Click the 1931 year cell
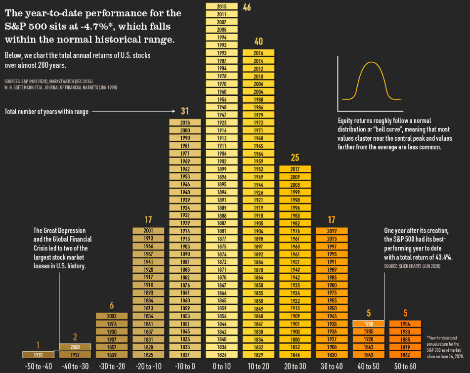tap(38, 354)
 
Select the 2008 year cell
tap(75, 347)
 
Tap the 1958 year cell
tap(369, 324)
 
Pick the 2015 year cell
tap(221, 6)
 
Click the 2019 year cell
tap(332, 231)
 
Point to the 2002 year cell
tap(111, 316)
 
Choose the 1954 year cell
tap(405, 324)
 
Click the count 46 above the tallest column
tap(247, 7)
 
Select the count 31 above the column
tap(185, 111)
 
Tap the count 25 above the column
tap(295, 158)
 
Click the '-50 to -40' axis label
tap(38, 366)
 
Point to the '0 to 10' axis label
tap(221, 366)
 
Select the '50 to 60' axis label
tap(405, 366)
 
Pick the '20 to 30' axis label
tap(295, 366)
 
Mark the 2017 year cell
tap(295, 169)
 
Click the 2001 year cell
tap(148, 231)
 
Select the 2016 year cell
tap(258, 53)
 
